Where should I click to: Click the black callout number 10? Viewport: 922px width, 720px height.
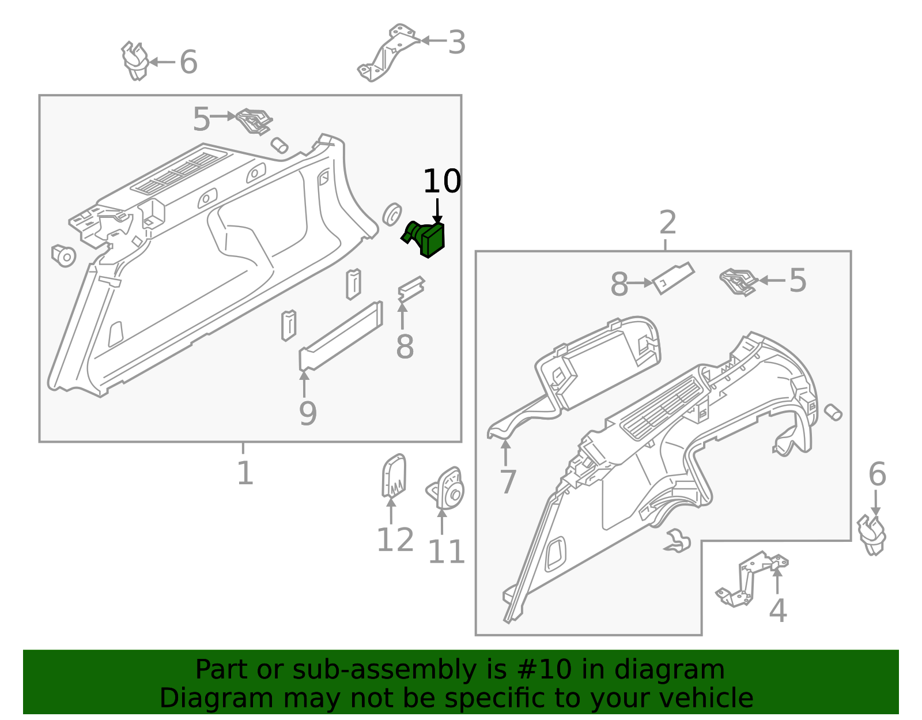tap(441, 181)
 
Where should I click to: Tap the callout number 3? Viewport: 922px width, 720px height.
tap(457, 42)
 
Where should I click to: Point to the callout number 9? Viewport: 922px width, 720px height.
tap(308, 413)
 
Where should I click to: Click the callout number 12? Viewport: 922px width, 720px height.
tap(395, 540)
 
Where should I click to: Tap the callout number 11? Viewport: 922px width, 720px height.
tap(447, 552)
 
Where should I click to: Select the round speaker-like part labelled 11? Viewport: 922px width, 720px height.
tap(445, 488)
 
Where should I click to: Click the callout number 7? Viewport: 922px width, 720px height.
tap(508, 482)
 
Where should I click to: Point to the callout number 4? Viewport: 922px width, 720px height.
tap(778, 610)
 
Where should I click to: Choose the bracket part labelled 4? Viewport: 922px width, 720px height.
tap(751, 579)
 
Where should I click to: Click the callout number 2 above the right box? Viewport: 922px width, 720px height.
tap(667, 222)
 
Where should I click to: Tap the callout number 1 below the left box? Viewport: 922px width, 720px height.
tap(245, 473)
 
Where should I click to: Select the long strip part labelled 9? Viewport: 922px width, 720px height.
tap(341, 337)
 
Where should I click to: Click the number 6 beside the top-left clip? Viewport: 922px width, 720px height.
tap(188, 62)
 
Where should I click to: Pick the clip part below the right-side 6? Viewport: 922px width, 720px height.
tap(871, 534)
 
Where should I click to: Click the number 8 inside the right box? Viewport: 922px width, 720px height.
tap(619, 284)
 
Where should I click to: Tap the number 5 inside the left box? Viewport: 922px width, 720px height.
tap(201, 119)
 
